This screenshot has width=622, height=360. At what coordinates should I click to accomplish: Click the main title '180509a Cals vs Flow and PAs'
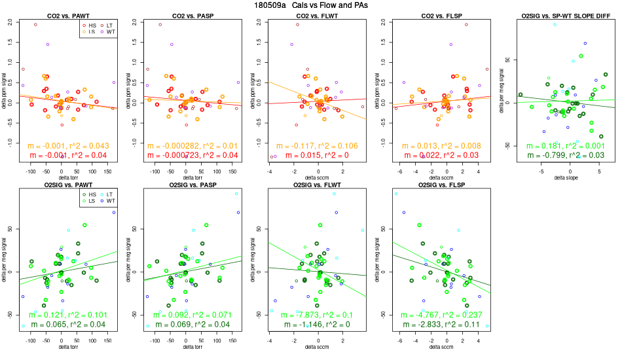tap(311, 5)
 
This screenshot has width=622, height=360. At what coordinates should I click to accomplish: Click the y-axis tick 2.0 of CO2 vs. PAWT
tap(10, 22)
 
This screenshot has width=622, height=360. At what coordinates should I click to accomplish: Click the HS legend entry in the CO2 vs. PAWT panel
tap(90, 25)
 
